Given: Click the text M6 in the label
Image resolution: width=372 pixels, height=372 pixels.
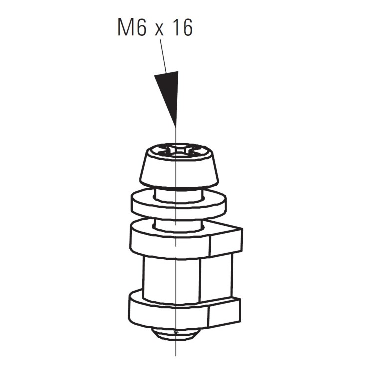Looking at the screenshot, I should click(x=132, y=28).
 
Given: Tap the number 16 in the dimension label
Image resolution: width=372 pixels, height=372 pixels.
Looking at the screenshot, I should click(x=181, y=28).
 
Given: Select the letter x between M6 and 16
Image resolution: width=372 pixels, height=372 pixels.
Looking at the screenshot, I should click(x=159, y=30).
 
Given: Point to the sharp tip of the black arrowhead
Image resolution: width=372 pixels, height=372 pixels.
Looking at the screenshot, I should click(x=175, y=127).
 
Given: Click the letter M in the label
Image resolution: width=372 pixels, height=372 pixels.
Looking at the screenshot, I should click(x=125, y=28).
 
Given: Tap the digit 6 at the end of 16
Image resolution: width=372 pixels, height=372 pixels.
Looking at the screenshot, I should click(x=186, y=28).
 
